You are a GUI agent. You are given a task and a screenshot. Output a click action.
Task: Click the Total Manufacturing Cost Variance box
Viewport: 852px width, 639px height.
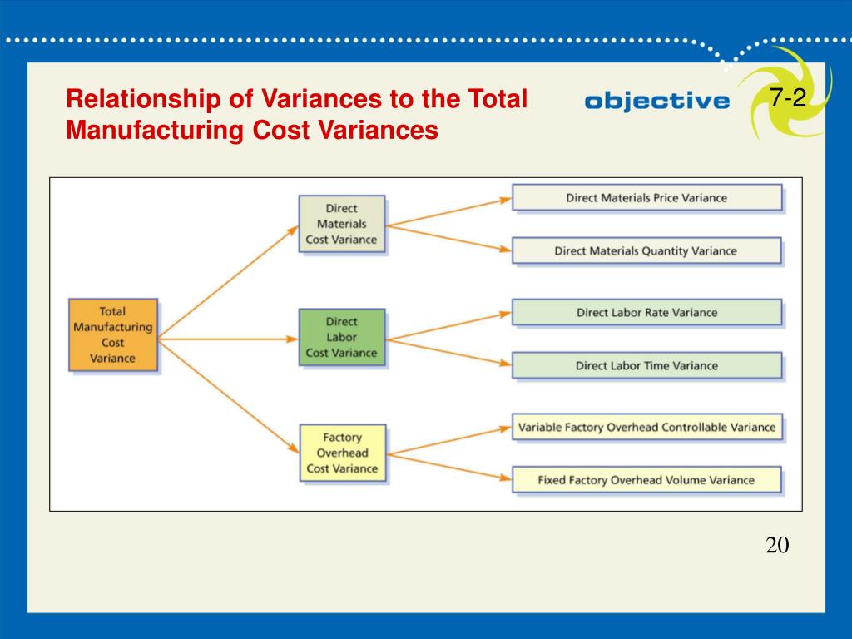coord(112,334)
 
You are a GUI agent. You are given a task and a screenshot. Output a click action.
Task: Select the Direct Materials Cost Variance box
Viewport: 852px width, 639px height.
coord(342,224)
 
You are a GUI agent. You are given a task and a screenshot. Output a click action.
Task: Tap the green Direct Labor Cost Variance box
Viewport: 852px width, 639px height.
coord(342,337)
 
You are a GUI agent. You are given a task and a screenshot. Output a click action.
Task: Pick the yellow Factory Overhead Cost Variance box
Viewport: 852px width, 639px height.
coord(342,453)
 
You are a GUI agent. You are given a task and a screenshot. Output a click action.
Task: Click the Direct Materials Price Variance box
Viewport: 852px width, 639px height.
coord(646,198)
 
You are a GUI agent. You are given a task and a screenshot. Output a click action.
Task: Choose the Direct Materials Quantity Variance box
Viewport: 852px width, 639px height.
coord(646,250)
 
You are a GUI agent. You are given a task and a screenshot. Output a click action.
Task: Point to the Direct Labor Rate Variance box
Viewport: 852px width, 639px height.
coord(646,313)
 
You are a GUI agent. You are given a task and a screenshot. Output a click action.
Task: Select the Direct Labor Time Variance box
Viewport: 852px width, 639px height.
coord(646,365)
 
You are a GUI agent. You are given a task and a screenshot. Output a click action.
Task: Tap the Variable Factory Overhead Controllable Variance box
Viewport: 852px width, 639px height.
coord(646,428)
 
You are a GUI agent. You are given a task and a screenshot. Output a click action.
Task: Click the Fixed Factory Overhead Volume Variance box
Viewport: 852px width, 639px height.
coord(646,480)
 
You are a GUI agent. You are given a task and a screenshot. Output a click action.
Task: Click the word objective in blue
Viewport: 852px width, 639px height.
coord(656,102)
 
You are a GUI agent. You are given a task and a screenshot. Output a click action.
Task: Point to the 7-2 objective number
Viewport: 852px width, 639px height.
coord(787,99)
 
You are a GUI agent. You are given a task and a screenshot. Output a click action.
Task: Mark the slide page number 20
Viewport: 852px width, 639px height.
coord(777,546)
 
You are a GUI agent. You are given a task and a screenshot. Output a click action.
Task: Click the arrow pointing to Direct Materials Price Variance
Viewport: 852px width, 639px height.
coord(449,211)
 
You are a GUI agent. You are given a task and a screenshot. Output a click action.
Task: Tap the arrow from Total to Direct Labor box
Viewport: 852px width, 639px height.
coord(229,339)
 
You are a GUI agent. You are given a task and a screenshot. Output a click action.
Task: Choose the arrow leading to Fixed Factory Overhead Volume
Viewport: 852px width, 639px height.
coord(449,467)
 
